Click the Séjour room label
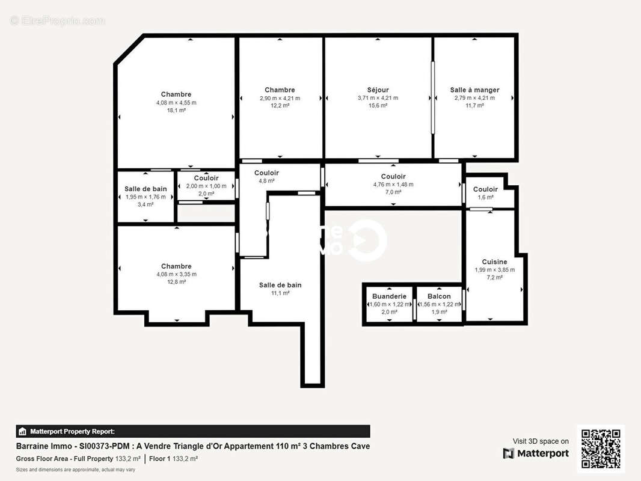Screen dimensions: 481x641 378,90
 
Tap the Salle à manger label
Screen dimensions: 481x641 474,90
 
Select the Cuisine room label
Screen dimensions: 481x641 494,262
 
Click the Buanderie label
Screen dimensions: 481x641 389,296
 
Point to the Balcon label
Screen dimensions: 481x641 439,296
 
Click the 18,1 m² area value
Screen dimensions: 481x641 176,111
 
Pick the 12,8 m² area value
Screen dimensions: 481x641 176,282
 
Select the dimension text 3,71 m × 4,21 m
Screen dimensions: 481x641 378,98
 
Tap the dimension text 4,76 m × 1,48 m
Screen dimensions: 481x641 393,185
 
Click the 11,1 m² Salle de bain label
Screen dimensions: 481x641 280,285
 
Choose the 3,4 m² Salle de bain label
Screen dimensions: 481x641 146,189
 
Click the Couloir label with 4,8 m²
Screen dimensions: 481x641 266,173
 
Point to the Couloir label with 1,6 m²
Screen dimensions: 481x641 485,189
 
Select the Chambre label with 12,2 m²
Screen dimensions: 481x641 280,90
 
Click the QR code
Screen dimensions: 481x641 601,449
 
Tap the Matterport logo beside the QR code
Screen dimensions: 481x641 536,453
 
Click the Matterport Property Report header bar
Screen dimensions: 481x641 192,431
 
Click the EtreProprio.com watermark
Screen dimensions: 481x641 58,21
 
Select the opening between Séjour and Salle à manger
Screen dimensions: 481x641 432,97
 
